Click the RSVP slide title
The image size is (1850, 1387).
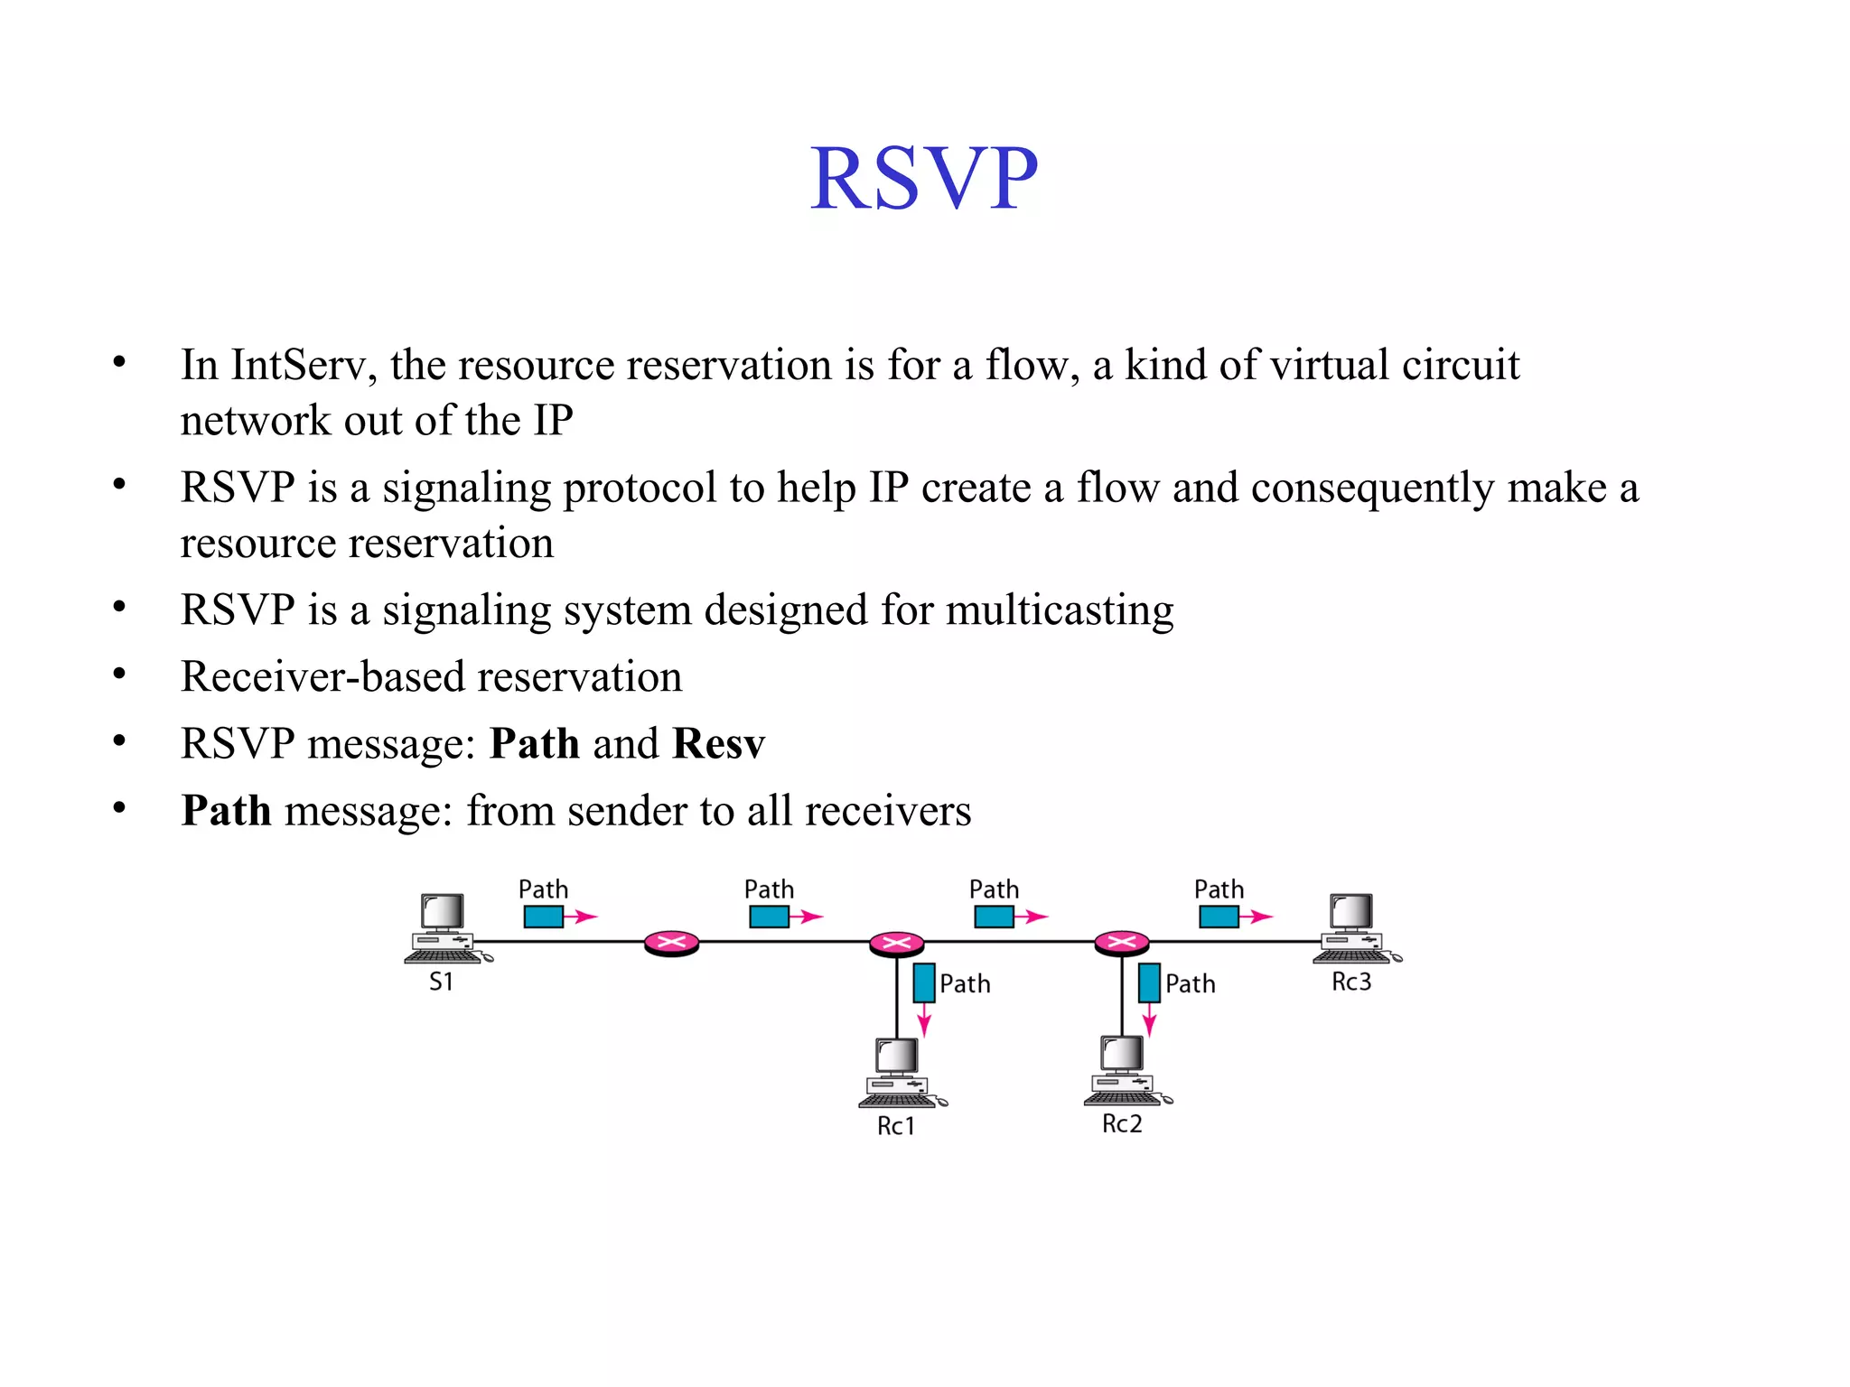tap(923, 179)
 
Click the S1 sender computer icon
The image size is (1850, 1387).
tap(445, 928)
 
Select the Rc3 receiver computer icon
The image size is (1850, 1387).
tap(1354, 928)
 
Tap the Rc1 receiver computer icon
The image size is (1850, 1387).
tap(899, 1073)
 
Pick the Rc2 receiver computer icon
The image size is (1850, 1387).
tap(1125, 1071)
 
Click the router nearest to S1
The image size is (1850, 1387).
tap(671, 944)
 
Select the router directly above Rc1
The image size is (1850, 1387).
tap(896, 944)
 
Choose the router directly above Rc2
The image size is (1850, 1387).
tap(1121, 944)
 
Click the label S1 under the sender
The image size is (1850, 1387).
tap(441, 982)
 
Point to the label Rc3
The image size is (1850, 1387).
tap(1351, 982)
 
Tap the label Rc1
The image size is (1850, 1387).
tap(896, 1126)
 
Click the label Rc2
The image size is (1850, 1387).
tap(1122, 1124)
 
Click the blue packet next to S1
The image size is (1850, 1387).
tap(543, 917)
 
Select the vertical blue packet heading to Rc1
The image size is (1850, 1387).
tap(923, 983)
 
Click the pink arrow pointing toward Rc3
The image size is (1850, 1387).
tap(1257, 917)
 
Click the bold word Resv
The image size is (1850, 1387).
tap(718, 744)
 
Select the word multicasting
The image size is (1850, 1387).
tap(1060, 610)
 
